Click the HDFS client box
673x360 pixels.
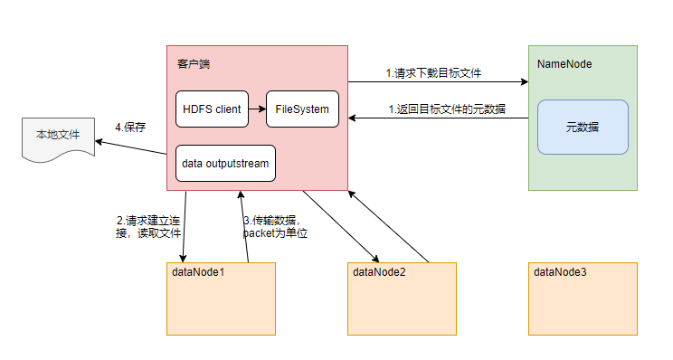pos(212,109)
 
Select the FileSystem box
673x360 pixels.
pos(302,109)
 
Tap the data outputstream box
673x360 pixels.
pos(225,164)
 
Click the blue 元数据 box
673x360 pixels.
pos(583,127)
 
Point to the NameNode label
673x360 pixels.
pos(564,65)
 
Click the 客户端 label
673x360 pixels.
pos(194,65)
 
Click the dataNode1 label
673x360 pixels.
pos(198,271)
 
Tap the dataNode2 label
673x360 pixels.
pos(379,271)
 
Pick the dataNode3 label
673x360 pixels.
pos(560,271)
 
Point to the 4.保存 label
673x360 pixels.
pos(131,127)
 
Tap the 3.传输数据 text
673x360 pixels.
pos(276,226)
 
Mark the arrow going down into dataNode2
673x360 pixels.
pos(339,225)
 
